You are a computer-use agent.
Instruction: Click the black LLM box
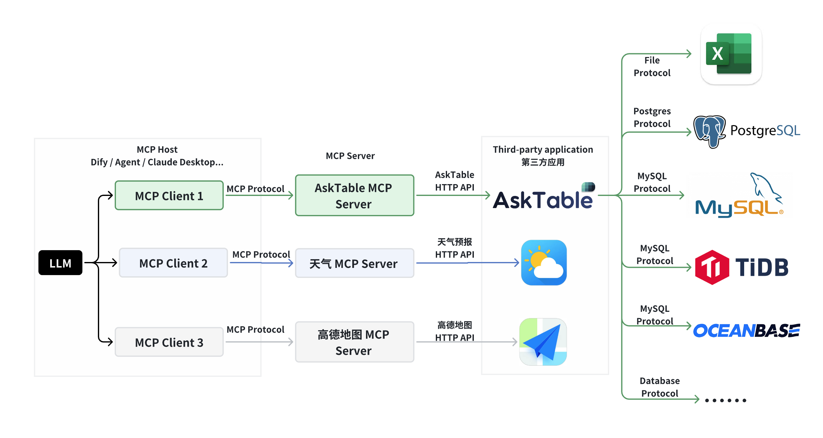60,263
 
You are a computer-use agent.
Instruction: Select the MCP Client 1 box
169,195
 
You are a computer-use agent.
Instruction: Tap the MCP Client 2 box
173,263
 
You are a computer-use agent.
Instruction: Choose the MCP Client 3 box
169,342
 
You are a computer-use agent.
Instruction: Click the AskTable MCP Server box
354,195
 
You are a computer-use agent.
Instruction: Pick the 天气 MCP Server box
354,263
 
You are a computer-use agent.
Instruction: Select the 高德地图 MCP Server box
354,342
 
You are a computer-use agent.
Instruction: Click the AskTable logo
543,198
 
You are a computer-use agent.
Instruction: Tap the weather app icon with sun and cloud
543,262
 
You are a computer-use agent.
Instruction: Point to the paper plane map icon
543,342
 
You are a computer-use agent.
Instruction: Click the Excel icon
731,54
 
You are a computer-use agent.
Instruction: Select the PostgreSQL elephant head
709,131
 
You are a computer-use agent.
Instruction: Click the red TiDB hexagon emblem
712,267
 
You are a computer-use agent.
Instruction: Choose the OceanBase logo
746,330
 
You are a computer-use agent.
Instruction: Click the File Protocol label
652,66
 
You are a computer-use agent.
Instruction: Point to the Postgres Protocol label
652,117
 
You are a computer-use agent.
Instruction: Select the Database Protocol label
659,387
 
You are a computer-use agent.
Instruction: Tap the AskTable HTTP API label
454,181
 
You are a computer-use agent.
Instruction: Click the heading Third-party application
542,150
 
